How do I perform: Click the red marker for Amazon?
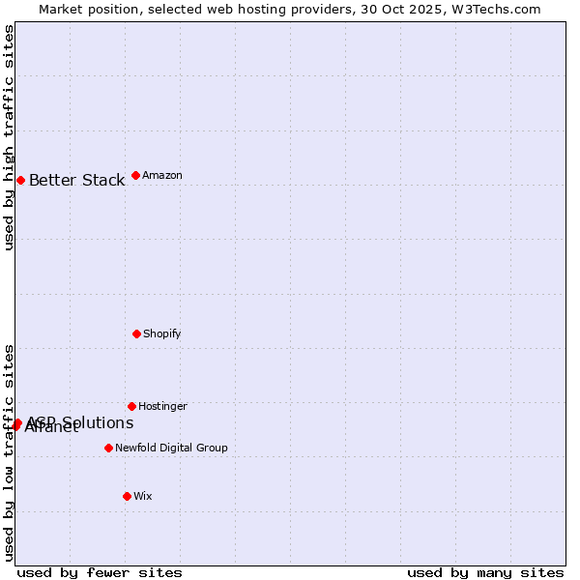[x=135, y=175]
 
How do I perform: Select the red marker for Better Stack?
[x=20, y=180]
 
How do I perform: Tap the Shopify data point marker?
[x=136, y=333]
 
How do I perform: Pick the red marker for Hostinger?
[x=131, y=406]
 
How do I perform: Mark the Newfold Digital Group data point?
[x=108, y=448]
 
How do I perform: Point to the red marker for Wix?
[x=127, y=496]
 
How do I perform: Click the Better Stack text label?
[x=76, y=180]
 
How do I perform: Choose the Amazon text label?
[x=162, y=175]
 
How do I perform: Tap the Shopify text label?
[x=162, y=333]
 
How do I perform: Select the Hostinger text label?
[x=162, y=406]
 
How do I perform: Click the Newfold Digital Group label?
[x=171, y=448]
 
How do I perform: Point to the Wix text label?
[x=143, y=496]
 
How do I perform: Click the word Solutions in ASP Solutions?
[x=97, y=422]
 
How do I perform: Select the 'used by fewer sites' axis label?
[x=100, y=572]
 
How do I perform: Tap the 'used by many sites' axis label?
[x=485, y=572]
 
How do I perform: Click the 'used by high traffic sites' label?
[x=10, y=137]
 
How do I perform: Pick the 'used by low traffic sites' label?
[x=10, y=452]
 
